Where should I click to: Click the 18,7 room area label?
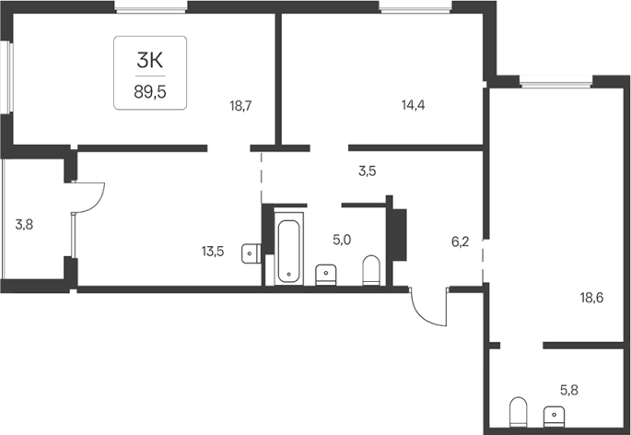click(x=240, y=106)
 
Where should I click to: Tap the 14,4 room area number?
click(x=414, y=105)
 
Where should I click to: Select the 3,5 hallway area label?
click(x=367, y=171)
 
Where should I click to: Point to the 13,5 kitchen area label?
click(x=213, y=252)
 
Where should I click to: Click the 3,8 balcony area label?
click(x=24, y=225)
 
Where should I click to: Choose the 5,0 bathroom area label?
click(x=342, y=240)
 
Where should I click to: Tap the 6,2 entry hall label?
click(x=460, y=242)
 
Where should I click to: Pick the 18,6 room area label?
click(x=591, y=298)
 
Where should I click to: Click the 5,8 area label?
click(x=569, y=390)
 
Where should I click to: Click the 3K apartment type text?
click(x=150, y=61)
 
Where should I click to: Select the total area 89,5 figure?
click(x=150, y=92)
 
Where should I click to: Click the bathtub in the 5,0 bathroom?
click(x=289, y=250)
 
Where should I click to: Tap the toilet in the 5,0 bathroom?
click(x=371, y=271)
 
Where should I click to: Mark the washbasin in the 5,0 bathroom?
click(x=325, y=275)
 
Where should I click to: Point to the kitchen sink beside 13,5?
click(x=251, y=253)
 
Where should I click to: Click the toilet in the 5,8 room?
click(x=518, y=412)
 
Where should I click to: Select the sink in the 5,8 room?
click(x=554, y=416)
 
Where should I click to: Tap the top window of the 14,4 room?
click(x=416, y=6)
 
